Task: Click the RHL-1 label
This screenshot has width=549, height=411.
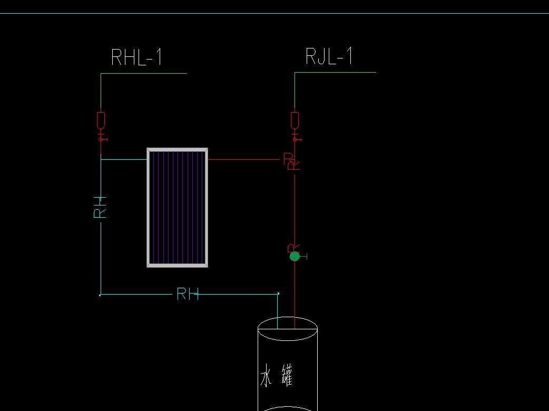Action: tap(136, 57)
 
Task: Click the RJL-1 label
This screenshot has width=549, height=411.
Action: tap(329, 56)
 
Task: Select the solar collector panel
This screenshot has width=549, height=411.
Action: tap(177, 208)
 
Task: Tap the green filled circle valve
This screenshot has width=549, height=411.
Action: tap(295, 256)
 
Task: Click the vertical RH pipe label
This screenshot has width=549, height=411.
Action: tap(100, 207)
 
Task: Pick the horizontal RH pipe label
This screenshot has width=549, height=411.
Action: tap(188, 294)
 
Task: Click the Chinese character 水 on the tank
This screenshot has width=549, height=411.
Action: tap(268, 377)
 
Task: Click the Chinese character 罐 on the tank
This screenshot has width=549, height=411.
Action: tap(286, 377)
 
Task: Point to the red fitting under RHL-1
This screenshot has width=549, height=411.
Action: tap(101, 121)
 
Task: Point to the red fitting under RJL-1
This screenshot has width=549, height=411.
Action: tap(295, 120)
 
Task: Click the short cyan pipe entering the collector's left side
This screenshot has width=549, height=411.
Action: tap(123, 159)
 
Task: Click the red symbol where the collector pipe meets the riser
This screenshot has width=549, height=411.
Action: tap(291, 161)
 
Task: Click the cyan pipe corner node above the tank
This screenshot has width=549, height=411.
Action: tap(278, 293)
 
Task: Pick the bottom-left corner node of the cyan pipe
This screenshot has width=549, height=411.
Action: tap(100, 295)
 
